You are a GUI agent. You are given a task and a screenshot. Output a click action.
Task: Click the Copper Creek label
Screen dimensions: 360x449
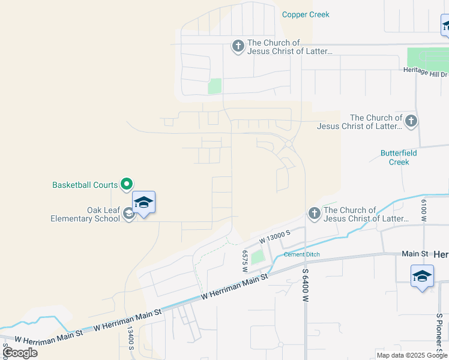click(306, 14)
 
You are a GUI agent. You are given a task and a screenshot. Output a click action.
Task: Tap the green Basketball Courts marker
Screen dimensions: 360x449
click(127, 184)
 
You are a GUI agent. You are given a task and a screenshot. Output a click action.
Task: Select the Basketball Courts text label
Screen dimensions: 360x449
click(85, 185)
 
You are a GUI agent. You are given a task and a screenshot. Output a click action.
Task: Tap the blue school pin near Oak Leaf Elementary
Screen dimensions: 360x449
click(143, 202)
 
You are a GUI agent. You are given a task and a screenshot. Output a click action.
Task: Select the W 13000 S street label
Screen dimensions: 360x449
click(275, 236)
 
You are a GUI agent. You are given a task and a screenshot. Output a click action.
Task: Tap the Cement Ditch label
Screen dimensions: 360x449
click(302, 254)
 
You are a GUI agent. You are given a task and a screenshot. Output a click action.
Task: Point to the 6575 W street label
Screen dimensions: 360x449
click(245, 262)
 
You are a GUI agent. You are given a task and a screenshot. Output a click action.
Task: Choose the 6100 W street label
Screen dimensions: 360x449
click(423, 211)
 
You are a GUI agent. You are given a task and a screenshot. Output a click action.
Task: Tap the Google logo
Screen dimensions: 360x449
click(20, 353)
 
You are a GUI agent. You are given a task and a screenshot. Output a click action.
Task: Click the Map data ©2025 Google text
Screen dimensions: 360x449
click(411, 355)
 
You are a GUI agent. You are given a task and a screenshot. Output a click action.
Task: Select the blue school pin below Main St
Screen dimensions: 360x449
click(422, 277)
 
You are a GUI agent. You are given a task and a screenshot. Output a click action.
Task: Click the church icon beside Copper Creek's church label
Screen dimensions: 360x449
click(238, 46)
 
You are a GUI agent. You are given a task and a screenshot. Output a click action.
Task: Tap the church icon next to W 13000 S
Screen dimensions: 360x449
click(314, 214)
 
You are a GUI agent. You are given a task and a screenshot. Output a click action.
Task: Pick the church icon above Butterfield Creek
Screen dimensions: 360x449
click(411, 121)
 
